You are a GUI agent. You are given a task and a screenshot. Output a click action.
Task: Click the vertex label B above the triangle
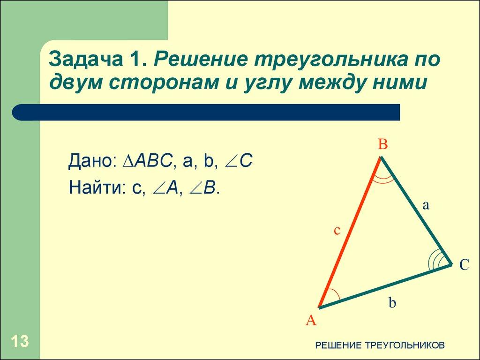pyautogui.click(x=383, y=145)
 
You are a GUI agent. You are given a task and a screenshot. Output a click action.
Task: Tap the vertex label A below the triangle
pyautogui.click(x=311, y=320)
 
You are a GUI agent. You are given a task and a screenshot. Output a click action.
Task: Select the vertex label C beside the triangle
pyautogui.click(x=464, y=265)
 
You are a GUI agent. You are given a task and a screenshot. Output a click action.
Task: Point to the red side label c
pyautogui.click(x=337, y=231)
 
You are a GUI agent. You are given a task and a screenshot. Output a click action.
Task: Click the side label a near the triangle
pyautogui.click(x=426, y=205)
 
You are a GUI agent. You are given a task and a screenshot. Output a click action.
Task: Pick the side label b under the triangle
pyautogui.click(x=392, y=303)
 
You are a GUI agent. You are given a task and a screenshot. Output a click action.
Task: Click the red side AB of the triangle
pyautogui.click(x=350, y=232)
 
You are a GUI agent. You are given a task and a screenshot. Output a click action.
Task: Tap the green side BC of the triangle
pyautogui.click(x=416, y=211)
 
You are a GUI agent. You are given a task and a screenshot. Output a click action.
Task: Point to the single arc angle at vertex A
pyautogui.click(x=331, y=297)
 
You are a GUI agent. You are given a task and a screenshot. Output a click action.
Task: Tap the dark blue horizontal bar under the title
pyautogui.click(x=206, y=112)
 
